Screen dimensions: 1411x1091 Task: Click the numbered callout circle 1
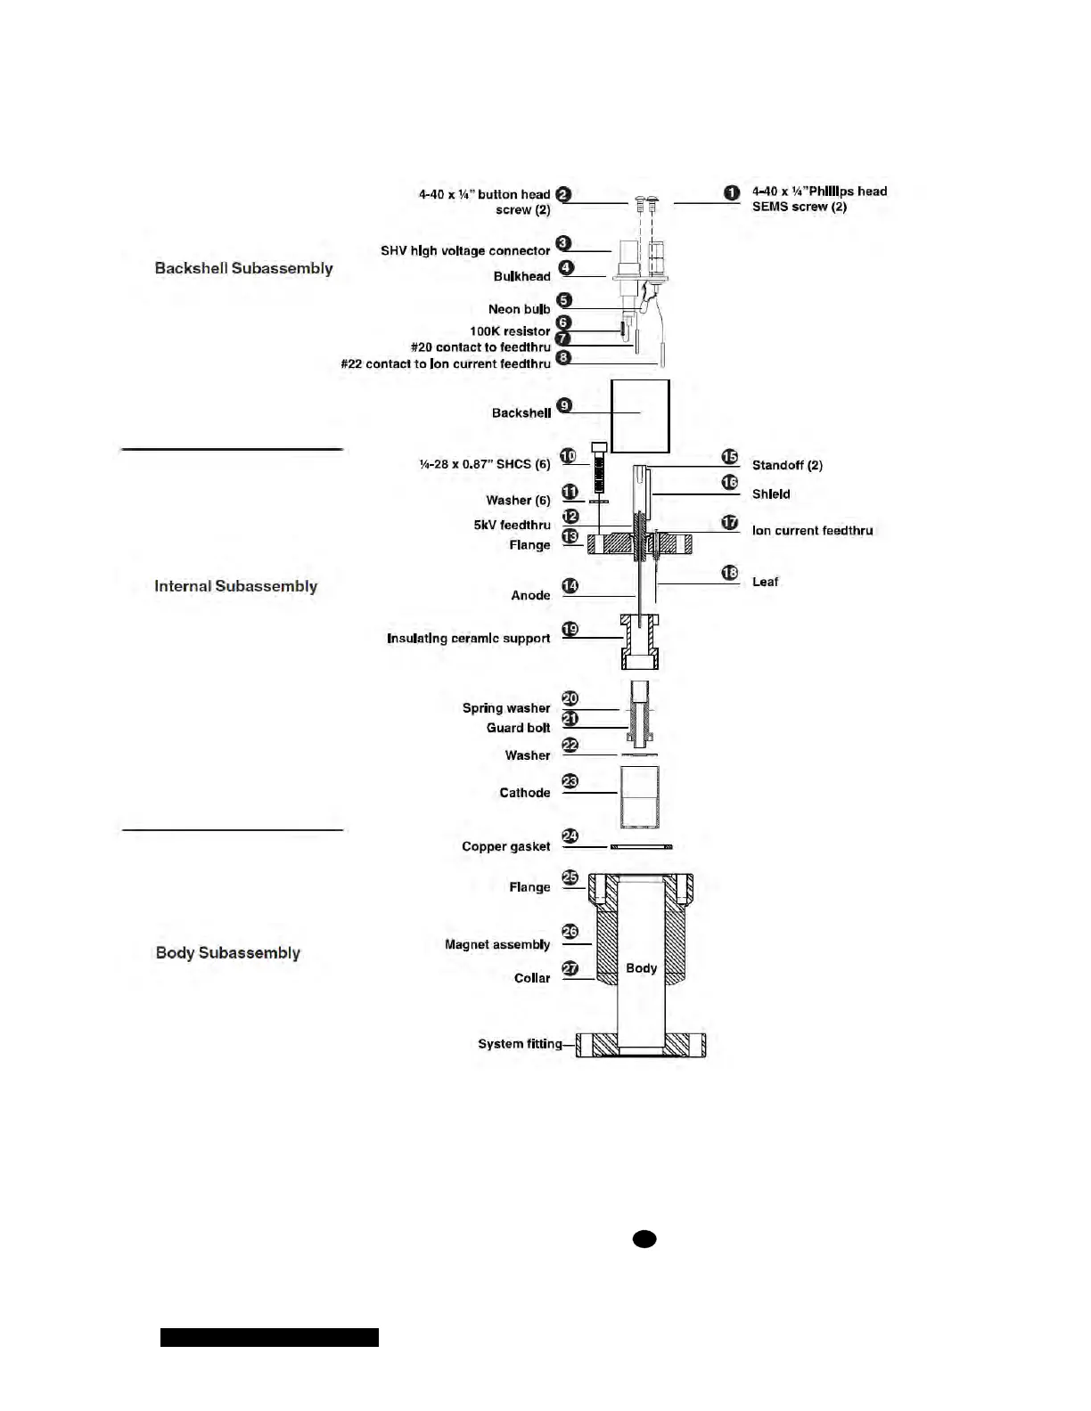731,192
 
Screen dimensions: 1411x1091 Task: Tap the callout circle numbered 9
563,406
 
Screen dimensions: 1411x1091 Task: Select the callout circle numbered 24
570,836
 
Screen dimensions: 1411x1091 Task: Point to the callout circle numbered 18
730,573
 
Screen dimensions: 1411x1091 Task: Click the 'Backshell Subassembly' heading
243,268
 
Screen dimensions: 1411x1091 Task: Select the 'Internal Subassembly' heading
235,586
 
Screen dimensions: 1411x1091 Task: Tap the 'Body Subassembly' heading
227,952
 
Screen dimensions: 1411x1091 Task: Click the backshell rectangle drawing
640,416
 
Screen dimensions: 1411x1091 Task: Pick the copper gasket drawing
641,846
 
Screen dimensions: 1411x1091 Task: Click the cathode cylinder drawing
639,796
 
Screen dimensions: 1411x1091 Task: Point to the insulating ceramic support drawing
640,641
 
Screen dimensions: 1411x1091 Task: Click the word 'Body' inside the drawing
641,968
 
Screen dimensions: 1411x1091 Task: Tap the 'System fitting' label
520,1044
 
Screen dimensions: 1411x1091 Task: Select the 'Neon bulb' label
519,309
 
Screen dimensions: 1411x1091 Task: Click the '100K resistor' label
510,331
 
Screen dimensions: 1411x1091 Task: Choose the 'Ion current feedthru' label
812,530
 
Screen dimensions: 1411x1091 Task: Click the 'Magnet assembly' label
497,944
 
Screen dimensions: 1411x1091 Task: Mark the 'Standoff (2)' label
787,465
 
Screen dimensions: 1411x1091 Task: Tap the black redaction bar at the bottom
269,1337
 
